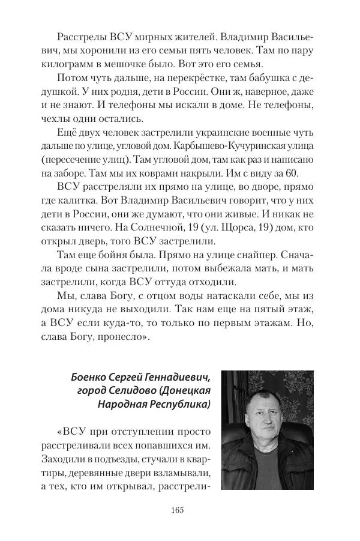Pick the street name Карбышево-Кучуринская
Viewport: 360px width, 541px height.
pyautogui.click(x=242, y=147)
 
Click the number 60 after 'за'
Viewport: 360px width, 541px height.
pyautogui.click(x=290, y=176)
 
